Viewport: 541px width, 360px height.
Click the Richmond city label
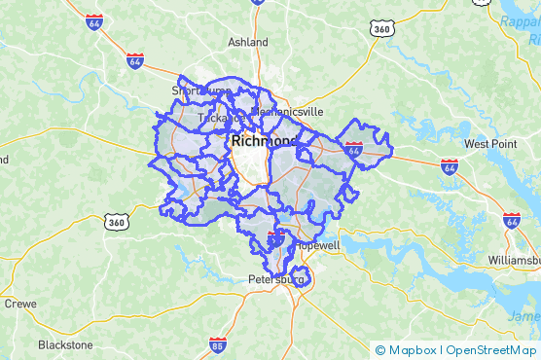click(x=264, y=141)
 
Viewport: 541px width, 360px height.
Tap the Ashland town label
click(x=247, y=43)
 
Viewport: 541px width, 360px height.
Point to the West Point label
click(x=489, y=144)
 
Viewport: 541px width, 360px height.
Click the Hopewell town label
click(x=319, y=246)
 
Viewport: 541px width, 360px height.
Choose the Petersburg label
click(x=275, y=280)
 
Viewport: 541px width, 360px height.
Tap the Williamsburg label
click(x=514, y=262)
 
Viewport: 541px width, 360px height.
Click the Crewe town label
click(x=19, y=304)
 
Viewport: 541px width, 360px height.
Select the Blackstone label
click(x=65, y=344)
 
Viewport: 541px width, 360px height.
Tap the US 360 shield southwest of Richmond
click(x=118, y=223)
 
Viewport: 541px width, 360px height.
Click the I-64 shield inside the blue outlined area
click(x=354, y=150)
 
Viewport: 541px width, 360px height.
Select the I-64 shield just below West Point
click(x=450, y=166)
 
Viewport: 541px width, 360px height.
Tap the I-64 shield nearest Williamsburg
click(x=512, y=221)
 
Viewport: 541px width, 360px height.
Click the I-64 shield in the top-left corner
click(x=94, y=21)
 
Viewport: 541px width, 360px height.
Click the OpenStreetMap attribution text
click(x=491, y=350)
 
